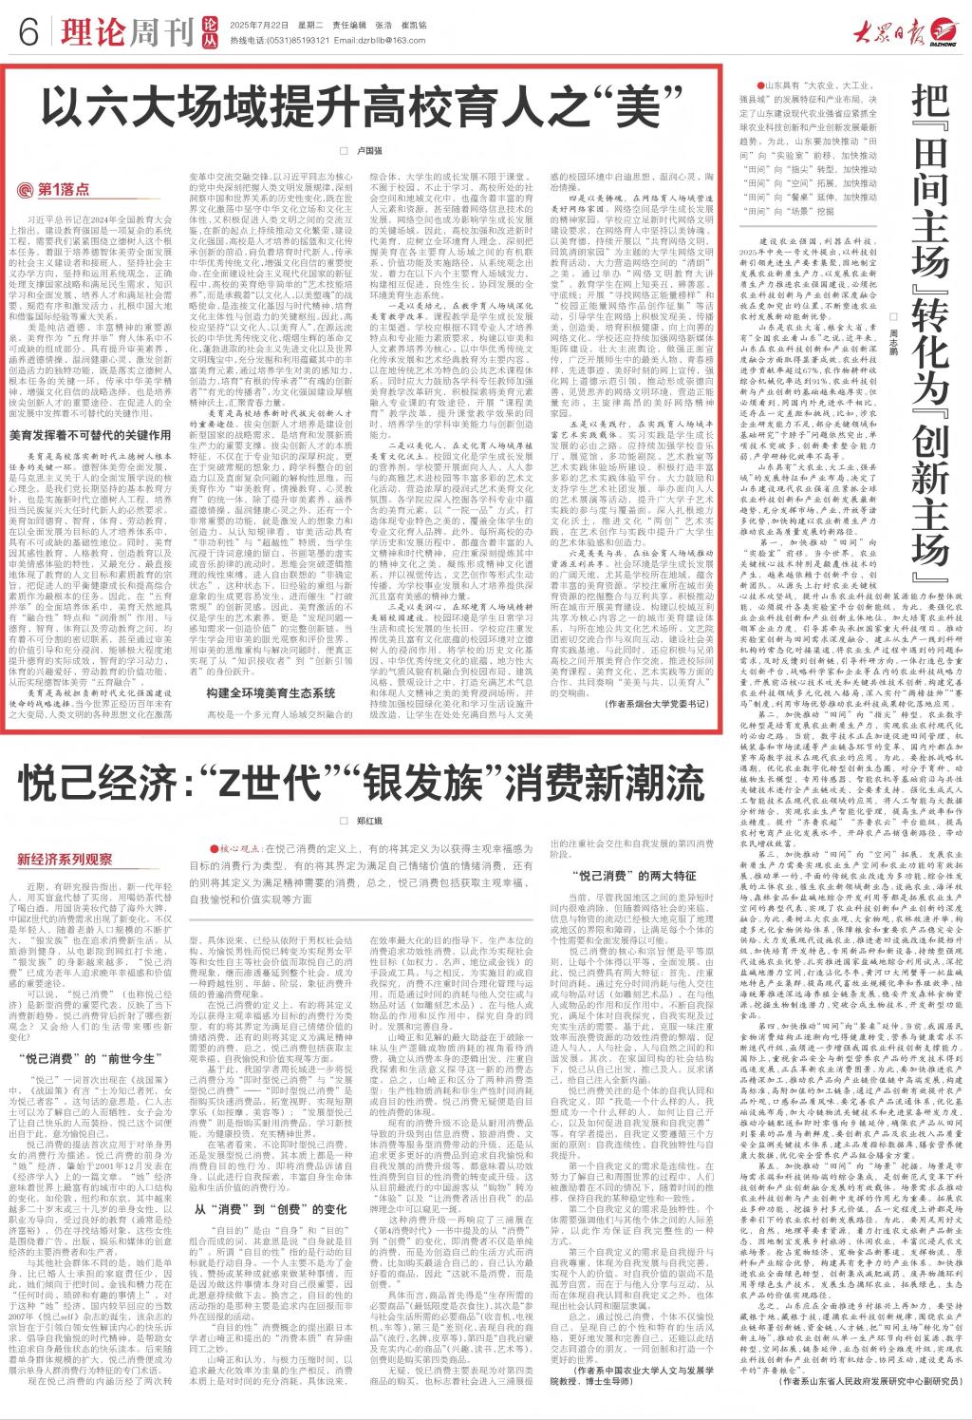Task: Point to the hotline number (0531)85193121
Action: click(x=275, y=44)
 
